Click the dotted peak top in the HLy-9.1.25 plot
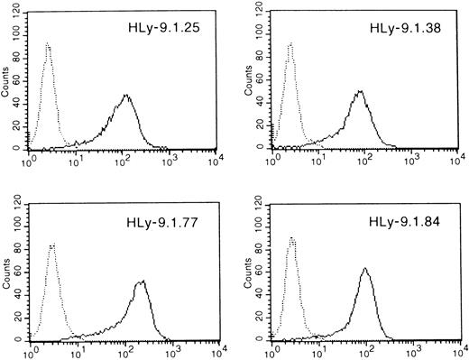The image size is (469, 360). tap(48, 42)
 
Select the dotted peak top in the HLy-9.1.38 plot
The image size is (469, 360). tap(290, 42)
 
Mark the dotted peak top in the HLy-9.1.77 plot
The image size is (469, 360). tap(52, 244)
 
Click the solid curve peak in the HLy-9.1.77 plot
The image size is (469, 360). tap(142, 282)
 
